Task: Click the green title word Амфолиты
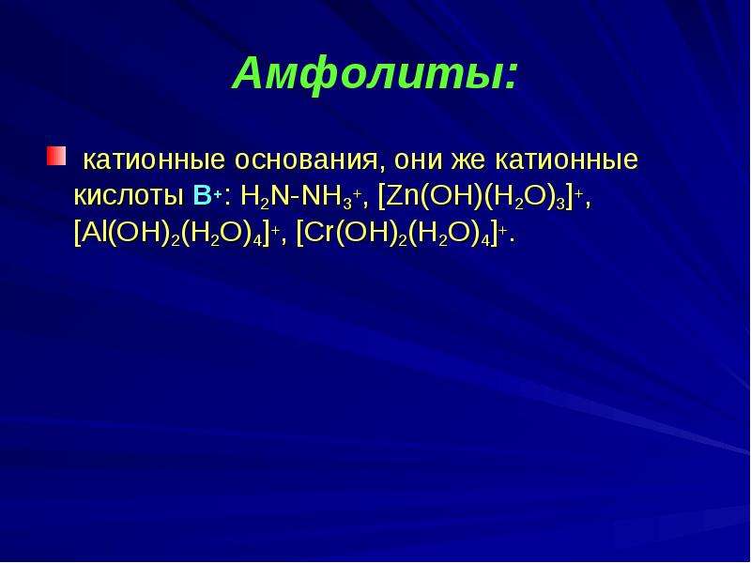[x=365, y=74]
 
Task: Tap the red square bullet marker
[x=56, y=157]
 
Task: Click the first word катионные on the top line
[x=154, y=160]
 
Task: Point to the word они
[x=418, y=160]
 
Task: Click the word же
[x=467, y=160]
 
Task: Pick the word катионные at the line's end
[x=567, y=160]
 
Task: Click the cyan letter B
[x=202, y=195]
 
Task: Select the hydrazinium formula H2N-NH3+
[x=300, y=196]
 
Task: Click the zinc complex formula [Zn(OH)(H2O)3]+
[x=481, y=196]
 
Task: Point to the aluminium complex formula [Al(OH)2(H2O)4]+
[x=177, y=234]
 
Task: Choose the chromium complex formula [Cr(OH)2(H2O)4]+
[x=402, y=234]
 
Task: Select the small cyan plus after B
[x=218, y=195]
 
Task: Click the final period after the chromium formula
[x=512, y=242]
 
